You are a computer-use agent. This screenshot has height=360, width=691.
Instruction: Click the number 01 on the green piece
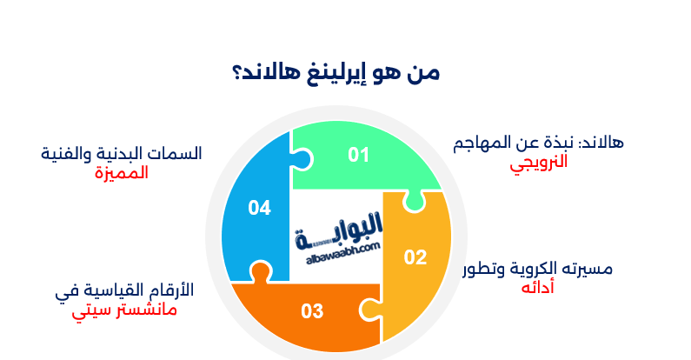coord(359,155)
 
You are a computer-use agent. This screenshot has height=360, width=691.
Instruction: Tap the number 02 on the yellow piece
coord(415,257)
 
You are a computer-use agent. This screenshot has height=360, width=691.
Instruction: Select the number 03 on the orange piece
coord(312,310)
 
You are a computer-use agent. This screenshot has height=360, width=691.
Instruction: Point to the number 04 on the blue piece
coord(259,208)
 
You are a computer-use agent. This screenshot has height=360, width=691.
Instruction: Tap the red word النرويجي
coord(539,162)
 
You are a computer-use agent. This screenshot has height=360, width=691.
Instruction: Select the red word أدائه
coord(538,288)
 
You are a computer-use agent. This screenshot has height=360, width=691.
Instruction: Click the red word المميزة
coord(122,172)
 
